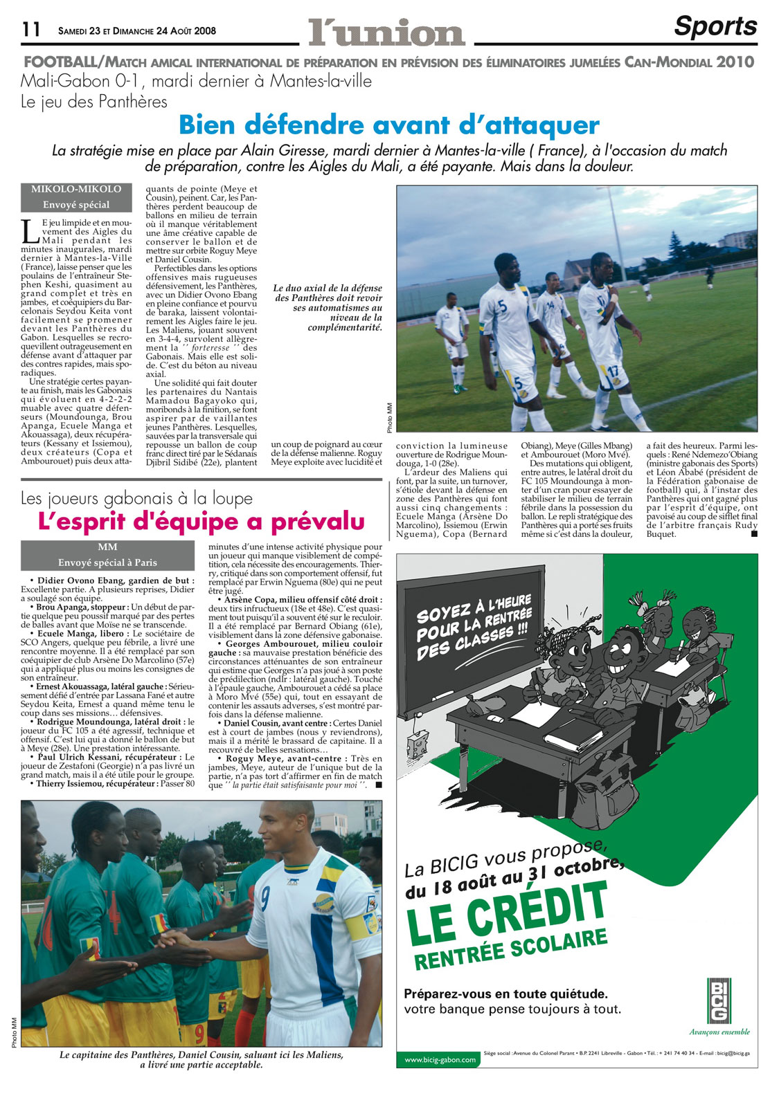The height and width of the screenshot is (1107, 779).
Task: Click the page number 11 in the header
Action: click(32, 29)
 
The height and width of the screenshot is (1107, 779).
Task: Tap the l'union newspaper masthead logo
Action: click(386, 32)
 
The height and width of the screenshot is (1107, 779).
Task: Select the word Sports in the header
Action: click(715, 26)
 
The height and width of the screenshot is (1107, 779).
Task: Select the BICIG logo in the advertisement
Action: click(719, 1000)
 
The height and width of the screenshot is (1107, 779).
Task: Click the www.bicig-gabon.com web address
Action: click(440, 1059)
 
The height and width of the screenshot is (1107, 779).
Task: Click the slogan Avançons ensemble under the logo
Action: click(719, 1032)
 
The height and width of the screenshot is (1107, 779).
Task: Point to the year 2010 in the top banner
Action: click(735, 62)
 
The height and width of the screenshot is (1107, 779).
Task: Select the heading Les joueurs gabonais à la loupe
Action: click(136, 498)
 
